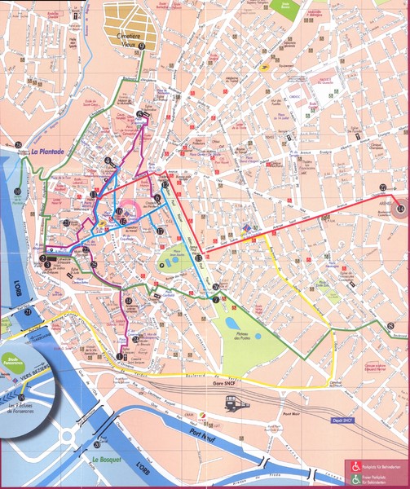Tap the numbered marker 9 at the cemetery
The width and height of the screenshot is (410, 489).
pyautogui.click(x=141, y=47)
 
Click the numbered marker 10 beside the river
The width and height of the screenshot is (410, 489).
pyautogui.click(x=17, y=192)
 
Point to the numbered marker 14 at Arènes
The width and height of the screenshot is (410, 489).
pyautogui.click(x=399, y=209)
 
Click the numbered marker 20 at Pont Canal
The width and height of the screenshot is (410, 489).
pyautogui.click(x=98, y=444)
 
